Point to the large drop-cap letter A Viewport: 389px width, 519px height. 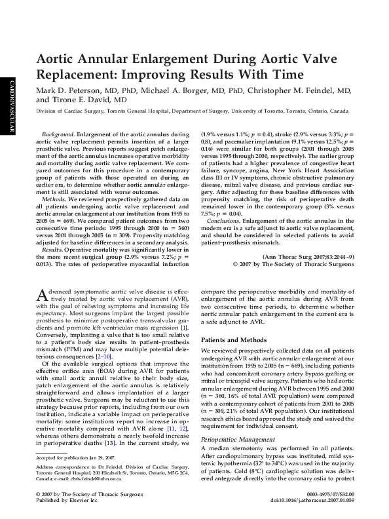tap(42, 296)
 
